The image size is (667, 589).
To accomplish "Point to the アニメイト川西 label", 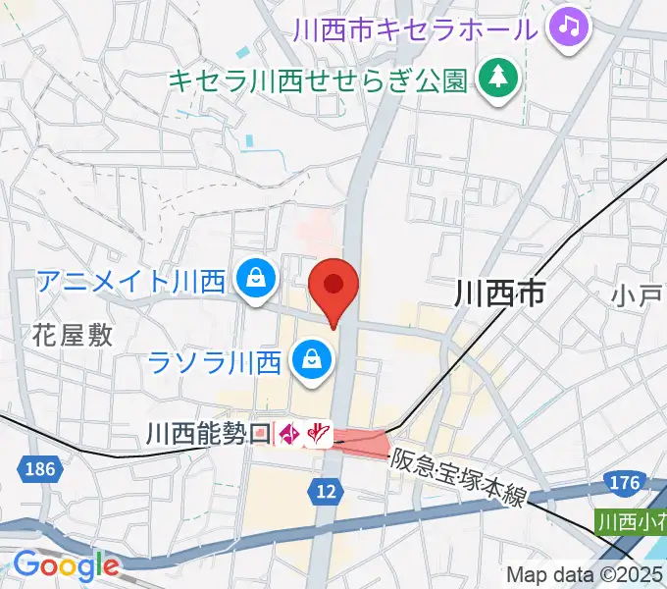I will tap(132, 281).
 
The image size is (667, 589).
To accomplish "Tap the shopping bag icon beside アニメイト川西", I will tap(255, 281).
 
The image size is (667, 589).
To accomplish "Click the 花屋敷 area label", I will tap(73, 335).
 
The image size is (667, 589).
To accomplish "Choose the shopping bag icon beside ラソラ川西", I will tap(311, 361).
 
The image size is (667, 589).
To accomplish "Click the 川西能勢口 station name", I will tap(207, 432).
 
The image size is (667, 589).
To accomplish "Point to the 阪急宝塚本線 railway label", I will tap(459, 479).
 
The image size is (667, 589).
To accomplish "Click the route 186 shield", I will tap(40, 469).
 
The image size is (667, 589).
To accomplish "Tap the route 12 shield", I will tap(328, 489).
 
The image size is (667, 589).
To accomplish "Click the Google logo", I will tap(65, 565).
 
